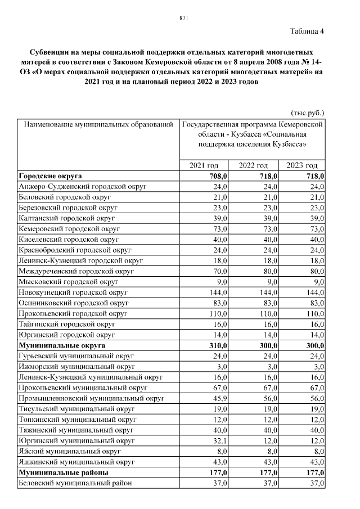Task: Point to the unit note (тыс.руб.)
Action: (308, 112)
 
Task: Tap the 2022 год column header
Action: (253, 165)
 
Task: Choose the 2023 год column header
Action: (301, 165)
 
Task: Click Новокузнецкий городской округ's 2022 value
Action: (267, 292)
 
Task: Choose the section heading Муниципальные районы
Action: (64, 472)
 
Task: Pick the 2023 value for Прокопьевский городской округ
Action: (316, 313)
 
